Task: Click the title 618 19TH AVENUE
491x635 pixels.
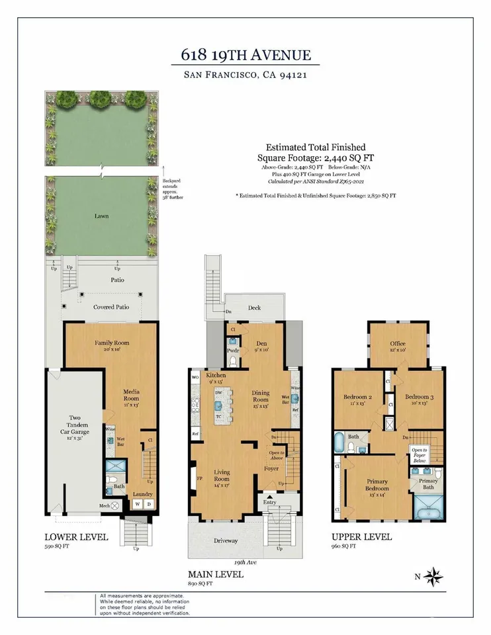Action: [x=245, y=55]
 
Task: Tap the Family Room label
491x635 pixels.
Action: [x=111, y=343]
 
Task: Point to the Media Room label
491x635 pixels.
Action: [x=131, y=395]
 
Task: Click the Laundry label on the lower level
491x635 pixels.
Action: [x=143, y=494]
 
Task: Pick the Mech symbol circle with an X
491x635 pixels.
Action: [x=114, y=505]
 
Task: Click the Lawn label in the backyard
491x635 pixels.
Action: [x=101, y=216]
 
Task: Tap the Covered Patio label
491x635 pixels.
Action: [x=111, y=307]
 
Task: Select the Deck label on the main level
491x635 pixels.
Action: [x=255, y=308]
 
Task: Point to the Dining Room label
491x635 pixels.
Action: [x=261, y=396]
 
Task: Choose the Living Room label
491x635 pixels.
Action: [x=222, y=475]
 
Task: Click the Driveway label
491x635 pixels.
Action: [x=226, y=540]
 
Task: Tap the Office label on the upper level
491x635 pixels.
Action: [x=397, y=343]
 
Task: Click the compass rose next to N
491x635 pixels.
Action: [x=434, y=576]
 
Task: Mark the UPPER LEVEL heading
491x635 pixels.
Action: [x=361, y=536]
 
